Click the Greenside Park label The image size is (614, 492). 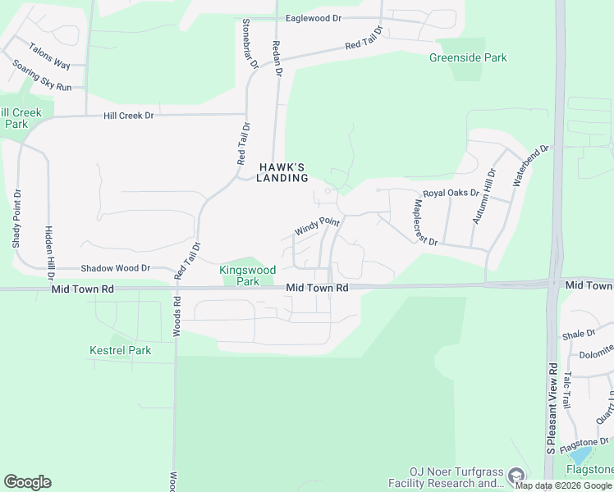point(468,57)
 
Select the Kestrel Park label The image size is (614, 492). point(121,350)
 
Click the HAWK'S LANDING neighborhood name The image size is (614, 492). point(282,171)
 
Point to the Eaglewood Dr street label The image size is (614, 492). point(314,18)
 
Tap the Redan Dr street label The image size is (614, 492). point(277,59)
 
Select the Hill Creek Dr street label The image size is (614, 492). point(128,116)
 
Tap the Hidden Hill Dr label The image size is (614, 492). point(49,244)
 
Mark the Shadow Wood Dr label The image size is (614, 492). point(115,268)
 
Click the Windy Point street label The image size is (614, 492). point(318,226)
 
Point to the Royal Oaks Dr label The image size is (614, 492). point(451,193)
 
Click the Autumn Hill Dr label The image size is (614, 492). point(484,197)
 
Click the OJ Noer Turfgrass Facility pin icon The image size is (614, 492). point(516,476)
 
